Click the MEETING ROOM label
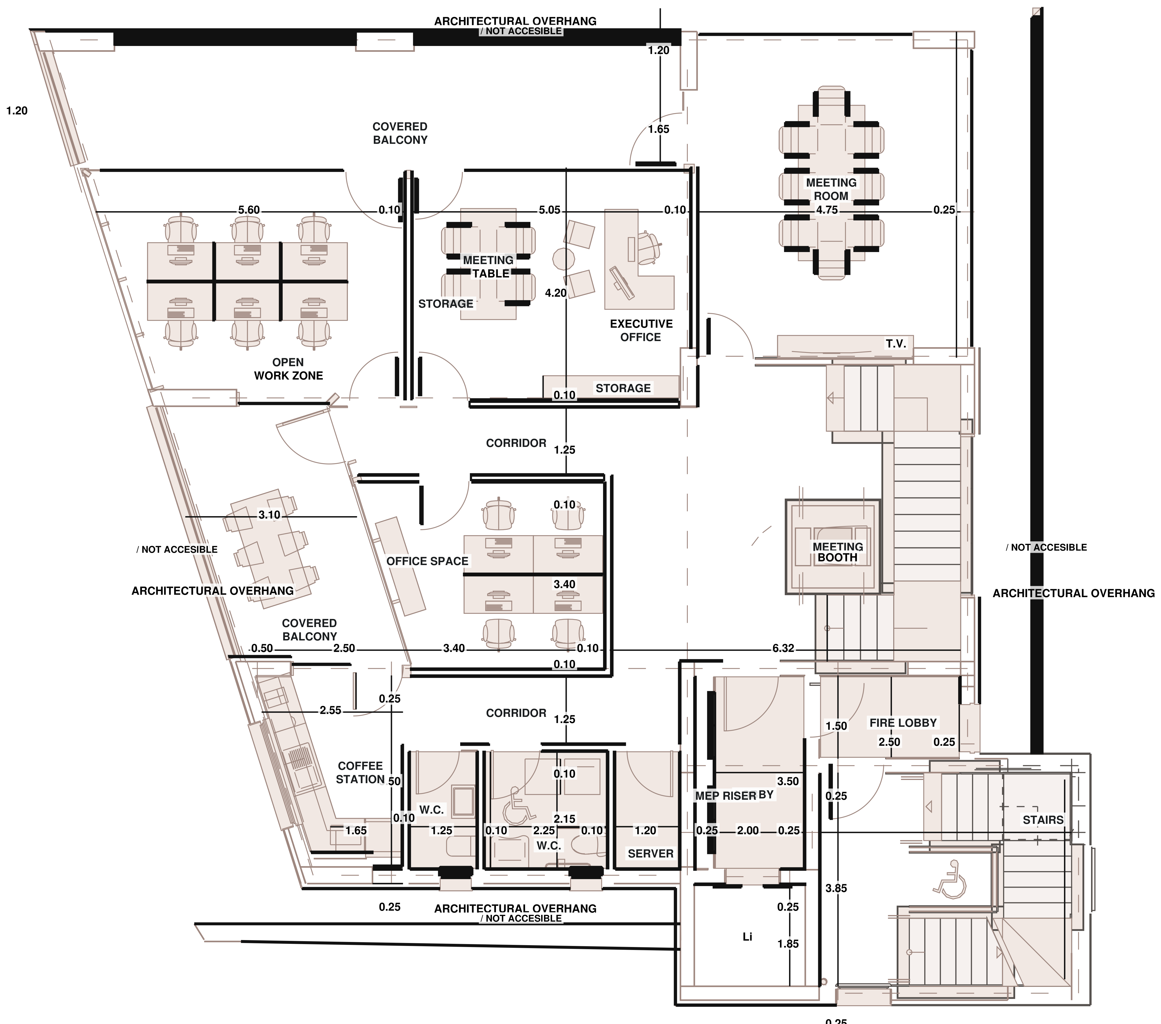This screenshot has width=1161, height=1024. point(831,189)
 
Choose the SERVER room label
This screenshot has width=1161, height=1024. point(650,853)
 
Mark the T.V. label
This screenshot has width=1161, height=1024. point(896,344)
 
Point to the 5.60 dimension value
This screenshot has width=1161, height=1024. point(249,210)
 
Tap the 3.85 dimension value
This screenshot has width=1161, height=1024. point(836,888)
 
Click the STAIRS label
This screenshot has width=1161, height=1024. point(1043,820)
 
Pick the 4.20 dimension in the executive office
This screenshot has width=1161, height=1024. point(556,293)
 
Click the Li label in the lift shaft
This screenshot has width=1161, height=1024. point(747,937)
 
